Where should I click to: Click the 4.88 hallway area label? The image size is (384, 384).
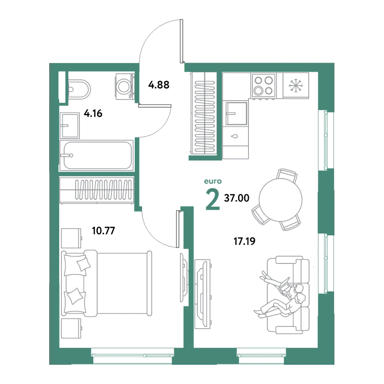coord(159,85)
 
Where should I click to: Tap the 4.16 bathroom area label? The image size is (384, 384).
coord(93,113)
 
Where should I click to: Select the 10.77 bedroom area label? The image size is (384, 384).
coord(103,230)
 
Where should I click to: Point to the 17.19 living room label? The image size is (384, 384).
coord(244,241)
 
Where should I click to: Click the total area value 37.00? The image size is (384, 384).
coord(237,198)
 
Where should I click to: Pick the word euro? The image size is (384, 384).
coord(213,181)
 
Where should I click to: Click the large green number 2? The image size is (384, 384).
coord(213,200)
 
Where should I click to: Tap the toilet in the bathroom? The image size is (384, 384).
coord(78,89)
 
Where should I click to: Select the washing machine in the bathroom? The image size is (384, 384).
coord(125,87)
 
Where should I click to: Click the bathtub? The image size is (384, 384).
coord(96,155)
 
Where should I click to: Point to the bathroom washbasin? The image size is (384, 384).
coord(70,126)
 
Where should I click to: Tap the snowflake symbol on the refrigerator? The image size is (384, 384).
coord(296,86)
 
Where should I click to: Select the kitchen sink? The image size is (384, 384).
coord(236,113)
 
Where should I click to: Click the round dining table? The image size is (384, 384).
coord(281,200)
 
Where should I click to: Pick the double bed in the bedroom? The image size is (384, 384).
coord(106,283)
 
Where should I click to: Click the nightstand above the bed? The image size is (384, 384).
coord(71,238)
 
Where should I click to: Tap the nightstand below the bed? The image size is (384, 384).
coord(71,328)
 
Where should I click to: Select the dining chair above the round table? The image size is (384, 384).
coord(287,175)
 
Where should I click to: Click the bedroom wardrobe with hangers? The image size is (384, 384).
coord(97,190)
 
